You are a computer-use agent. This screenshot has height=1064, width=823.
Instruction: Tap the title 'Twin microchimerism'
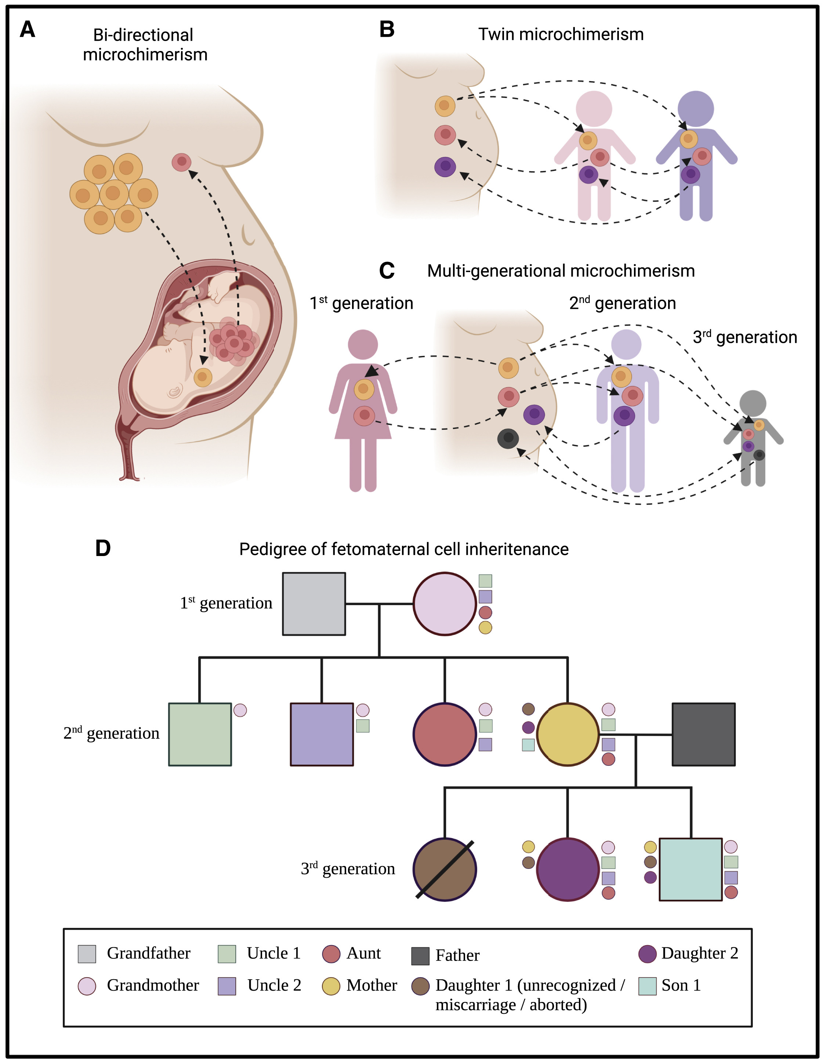(x=561, y=34)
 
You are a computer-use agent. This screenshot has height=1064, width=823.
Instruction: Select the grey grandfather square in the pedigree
(x=314, y=604)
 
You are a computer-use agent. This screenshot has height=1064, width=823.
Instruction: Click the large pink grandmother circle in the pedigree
(x=445, y=604)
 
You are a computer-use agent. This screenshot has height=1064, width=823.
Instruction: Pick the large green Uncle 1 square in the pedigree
(x=200, y=734)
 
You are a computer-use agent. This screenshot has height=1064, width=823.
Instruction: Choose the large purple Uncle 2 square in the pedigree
(x=322, y=734)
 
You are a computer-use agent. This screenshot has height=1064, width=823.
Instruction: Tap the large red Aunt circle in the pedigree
(x=445, y=734)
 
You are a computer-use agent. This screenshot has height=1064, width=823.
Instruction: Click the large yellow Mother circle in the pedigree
(x=568, y=734)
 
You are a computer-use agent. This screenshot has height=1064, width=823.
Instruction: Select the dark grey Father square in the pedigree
(x=704, y=734)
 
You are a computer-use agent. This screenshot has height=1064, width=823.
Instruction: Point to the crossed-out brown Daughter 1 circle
(x=445, y=870)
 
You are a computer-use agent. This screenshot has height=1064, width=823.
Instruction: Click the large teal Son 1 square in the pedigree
(x=690, y=870)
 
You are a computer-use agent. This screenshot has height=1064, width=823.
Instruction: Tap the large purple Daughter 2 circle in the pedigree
(x=568, y=870)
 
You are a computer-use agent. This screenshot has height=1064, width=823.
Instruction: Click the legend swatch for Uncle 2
(x=227, y=986)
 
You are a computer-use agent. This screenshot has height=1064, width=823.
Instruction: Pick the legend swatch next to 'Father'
(x=420, y=956)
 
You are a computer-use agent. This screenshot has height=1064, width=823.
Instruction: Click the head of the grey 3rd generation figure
(x=753, y=403)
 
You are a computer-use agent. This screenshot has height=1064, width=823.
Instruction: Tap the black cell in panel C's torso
(x=508, y=438)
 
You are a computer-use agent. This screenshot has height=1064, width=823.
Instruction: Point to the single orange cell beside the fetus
(x=203, y=377)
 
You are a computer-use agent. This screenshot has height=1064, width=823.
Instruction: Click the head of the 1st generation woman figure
(x=363, y=344)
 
